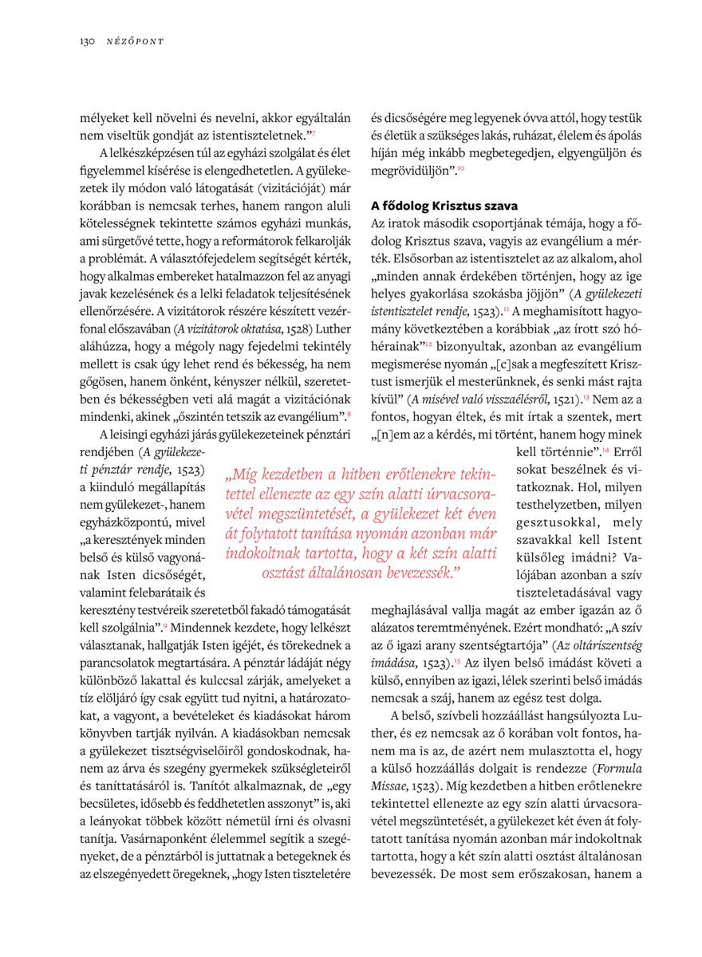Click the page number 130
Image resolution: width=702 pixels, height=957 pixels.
tap(87, 40)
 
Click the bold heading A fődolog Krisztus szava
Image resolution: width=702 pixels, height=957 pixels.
tap(444, 206)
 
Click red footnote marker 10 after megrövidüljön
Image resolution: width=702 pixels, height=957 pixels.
tap(461, 170)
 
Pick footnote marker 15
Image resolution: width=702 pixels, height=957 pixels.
tap(457, 662)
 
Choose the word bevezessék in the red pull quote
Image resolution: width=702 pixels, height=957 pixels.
tap(416, 572)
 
